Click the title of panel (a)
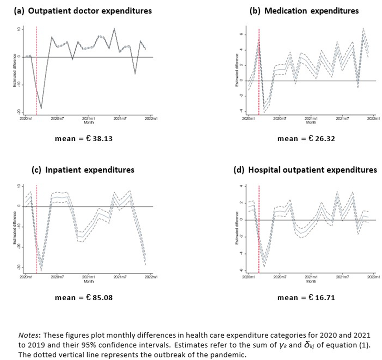83,11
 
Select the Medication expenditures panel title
304,11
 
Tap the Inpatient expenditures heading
83,170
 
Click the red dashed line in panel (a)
36,70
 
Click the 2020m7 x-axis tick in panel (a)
58,118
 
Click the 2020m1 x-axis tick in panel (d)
249,277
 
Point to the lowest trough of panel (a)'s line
41,109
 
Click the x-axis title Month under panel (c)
89,282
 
